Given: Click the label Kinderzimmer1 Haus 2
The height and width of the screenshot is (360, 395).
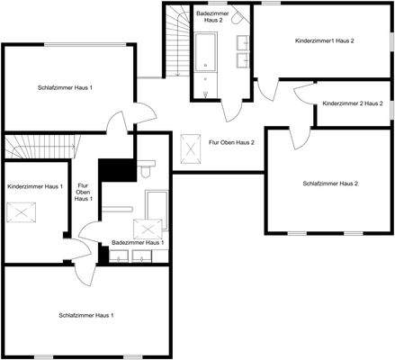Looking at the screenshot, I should pos(325,41).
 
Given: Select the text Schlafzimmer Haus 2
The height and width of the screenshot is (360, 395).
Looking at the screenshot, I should pos(330,184).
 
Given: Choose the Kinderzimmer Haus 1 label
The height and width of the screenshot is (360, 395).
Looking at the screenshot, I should pos(34,186).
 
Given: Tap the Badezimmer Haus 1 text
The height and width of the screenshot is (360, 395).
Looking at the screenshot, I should pos(138,242).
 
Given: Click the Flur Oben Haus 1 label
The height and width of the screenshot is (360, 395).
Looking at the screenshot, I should pos(82,192).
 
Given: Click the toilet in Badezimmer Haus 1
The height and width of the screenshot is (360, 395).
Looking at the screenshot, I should pos(148,169).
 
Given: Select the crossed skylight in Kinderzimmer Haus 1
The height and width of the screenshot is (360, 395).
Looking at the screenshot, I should pos(20,211).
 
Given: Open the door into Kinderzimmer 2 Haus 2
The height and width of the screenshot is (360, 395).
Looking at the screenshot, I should pos(303,91).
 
